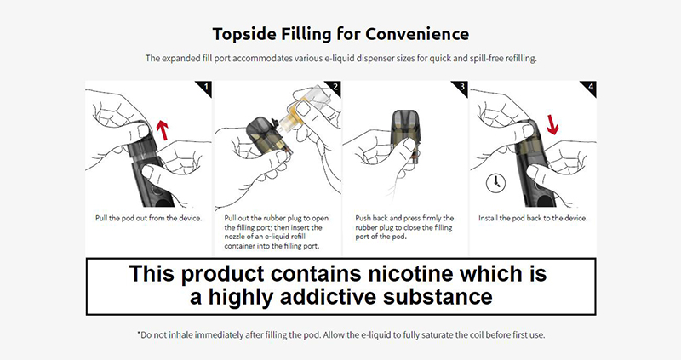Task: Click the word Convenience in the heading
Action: tap(417, 34)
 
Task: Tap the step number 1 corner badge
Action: tap(204, 88)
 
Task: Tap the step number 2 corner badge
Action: tap(334, 88)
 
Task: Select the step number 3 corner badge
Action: tap(461, 88)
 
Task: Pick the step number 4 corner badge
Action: tap(589, 88)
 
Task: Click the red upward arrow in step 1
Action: tap(163, 130)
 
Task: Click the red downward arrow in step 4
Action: tap(552, 123)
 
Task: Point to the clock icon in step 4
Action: tap(495, 183)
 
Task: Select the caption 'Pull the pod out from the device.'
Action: tap(149, 218)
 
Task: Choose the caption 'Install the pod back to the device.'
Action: tap(533, 218)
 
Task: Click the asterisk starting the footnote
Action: tap(139, 333)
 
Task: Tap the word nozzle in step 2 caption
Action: tap(235, 237)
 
